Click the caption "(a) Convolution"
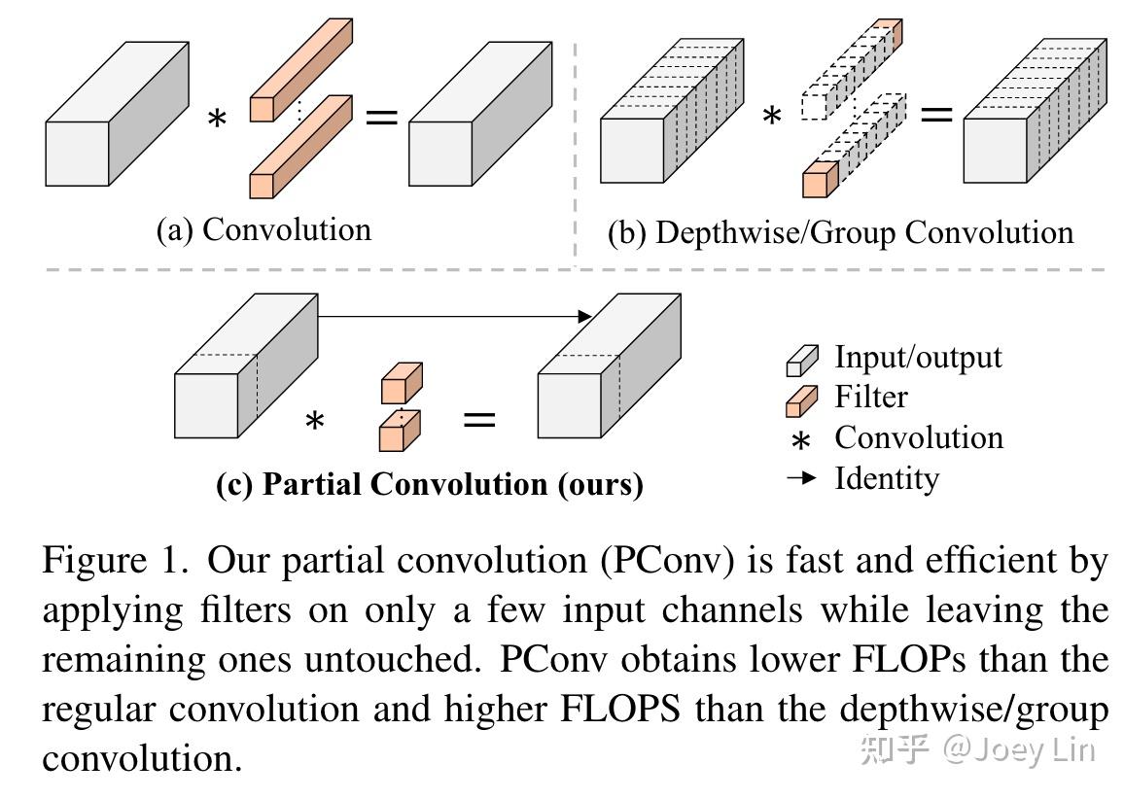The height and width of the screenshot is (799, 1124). point(263,229)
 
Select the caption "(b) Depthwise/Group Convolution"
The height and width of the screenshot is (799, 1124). point(840,232)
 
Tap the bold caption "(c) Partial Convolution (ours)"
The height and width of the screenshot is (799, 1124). point(429,484)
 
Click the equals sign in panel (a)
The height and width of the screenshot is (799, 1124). point(381,118)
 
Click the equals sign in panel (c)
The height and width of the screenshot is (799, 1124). point(478,420)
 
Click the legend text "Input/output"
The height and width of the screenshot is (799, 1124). point(917,357)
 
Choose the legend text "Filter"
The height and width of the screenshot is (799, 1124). point(870,397)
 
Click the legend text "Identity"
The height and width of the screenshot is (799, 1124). point(886,478)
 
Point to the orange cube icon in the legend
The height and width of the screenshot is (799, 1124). point(799,400)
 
